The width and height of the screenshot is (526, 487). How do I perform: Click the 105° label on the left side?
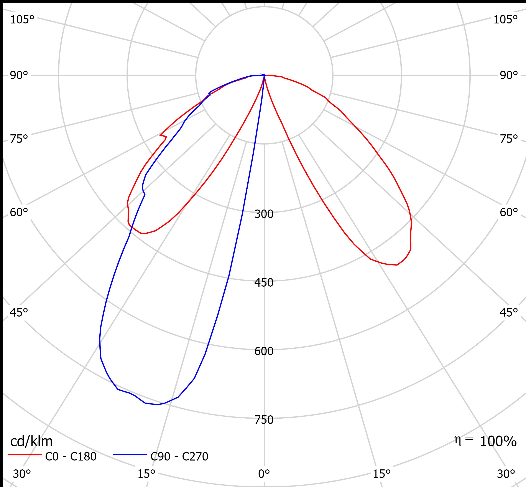(22, 20)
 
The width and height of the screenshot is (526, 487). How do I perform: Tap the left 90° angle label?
(19, 76)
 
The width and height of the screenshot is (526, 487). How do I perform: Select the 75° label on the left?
(19, 139)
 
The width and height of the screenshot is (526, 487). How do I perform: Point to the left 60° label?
(19, 212)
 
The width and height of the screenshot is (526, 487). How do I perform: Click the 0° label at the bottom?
(264, 474)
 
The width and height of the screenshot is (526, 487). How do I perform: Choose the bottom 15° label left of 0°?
(146, 474)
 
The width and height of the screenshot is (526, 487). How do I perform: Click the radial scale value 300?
(264, 214)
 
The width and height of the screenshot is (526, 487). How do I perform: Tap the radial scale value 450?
(264, 283)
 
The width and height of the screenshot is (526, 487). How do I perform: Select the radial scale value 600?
(264, 351)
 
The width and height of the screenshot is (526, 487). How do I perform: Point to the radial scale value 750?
(264, 420)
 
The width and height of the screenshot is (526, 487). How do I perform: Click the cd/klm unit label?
(31, 441)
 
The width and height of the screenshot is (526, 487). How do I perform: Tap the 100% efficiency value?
(498, 442)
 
